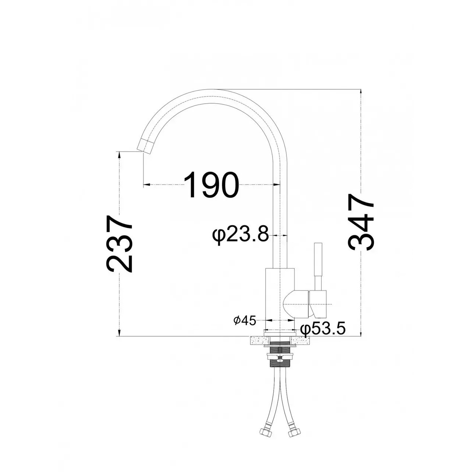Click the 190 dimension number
tap(211, 185)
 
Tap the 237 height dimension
tap(119, 244)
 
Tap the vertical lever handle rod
tap(318, 267)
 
